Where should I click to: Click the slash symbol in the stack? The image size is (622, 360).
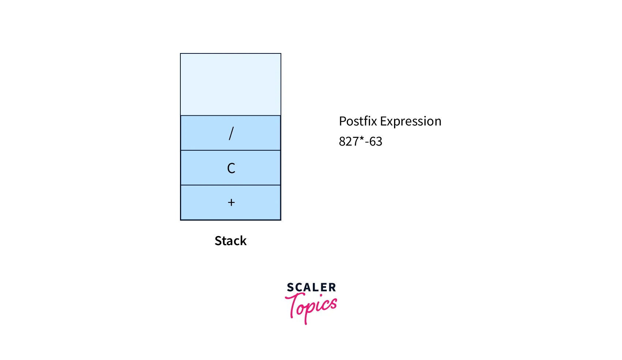click(231, 133)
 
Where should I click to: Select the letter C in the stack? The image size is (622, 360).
click(231, 168)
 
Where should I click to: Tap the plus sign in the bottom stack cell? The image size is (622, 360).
click(231, 202)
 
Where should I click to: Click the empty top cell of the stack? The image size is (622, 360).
click(231, 85)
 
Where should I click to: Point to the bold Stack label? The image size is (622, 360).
click(231, 241)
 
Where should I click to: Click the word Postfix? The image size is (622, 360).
click(357, 121)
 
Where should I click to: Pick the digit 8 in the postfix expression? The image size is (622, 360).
click(342, 142)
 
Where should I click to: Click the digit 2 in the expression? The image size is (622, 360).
click(349, 142)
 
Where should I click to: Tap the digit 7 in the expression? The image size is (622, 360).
click(355, 142)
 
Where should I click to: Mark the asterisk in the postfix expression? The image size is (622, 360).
click(361, 139)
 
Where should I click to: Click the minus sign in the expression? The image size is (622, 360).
click(367, 142)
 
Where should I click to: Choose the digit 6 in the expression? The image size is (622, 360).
click(372, 142)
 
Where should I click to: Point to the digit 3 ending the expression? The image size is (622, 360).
click(379, 142)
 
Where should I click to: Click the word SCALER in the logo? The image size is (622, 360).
click(311, 288)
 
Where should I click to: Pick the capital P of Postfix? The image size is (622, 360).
click(342, 121)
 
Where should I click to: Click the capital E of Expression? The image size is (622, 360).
click(383, 121)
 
